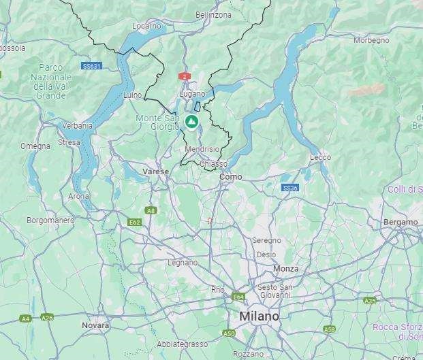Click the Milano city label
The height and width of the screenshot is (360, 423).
point(258,317)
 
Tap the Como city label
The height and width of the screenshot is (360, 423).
point(231,177)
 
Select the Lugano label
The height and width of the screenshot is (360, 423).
point(192,93)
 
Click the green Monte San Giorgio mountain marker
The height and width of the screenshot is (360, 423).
point(192,122)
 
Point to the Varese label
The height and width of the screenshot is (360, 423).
point(156,171)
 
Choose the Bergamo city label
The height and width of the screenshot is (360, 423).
point(401,222)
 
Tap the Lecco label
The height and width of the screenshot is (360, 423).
point(320,157)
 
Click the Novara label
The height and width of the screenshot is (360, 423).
point(95,325)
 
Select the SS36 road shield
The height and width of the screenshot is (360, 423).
point(290,188)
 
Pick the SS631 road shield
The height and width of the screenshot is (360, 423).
point(91,66)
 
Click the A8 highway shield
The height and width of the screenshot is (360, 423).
point(151,210)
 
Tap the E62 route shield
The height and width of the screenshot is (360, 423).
point(134,222)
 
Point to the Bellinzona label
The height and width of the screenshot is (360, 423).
point(213,14)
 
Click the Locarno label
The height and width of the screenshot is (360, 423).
point(146,26)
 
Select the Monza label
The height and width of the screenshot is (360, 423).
point(285,269)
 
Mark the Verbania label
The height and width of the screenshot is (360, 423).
point(78,125)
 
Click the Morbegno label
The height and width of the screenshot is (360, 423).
point(371,40)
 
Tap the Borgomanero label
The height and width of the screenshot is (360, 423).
point(50,220)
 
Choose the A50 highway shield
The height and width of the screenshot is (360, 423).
point(229,333)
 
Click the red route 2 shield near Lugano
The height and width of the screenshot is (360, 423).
point(184,77)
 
